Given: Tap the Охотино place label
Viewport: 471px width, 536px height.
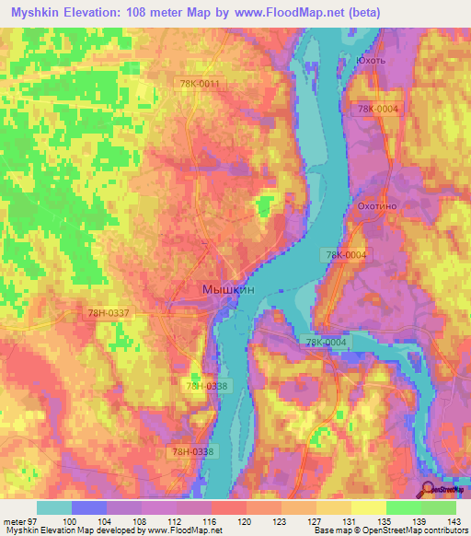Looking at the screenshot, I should (x=375, y=207).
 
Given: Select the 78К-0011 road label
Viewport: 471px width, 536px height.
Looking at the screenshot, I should (x=200, y=84).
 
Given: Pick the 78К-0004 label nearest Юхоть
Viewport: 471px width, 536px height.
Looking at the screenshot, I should (x=378, y=109).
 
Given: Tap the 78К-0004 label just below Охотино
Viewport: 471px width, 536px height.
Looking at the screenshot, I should (x=345, y=254).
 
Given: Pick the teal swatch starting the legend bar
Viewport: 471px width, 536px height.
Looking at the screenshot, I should (x=54, y=507).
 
